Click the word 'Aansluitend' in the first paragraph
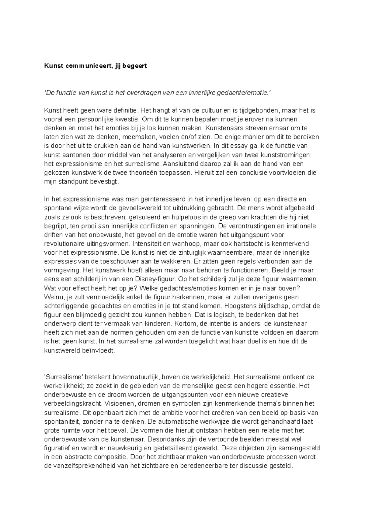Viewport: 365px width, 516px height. [178, 164]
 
